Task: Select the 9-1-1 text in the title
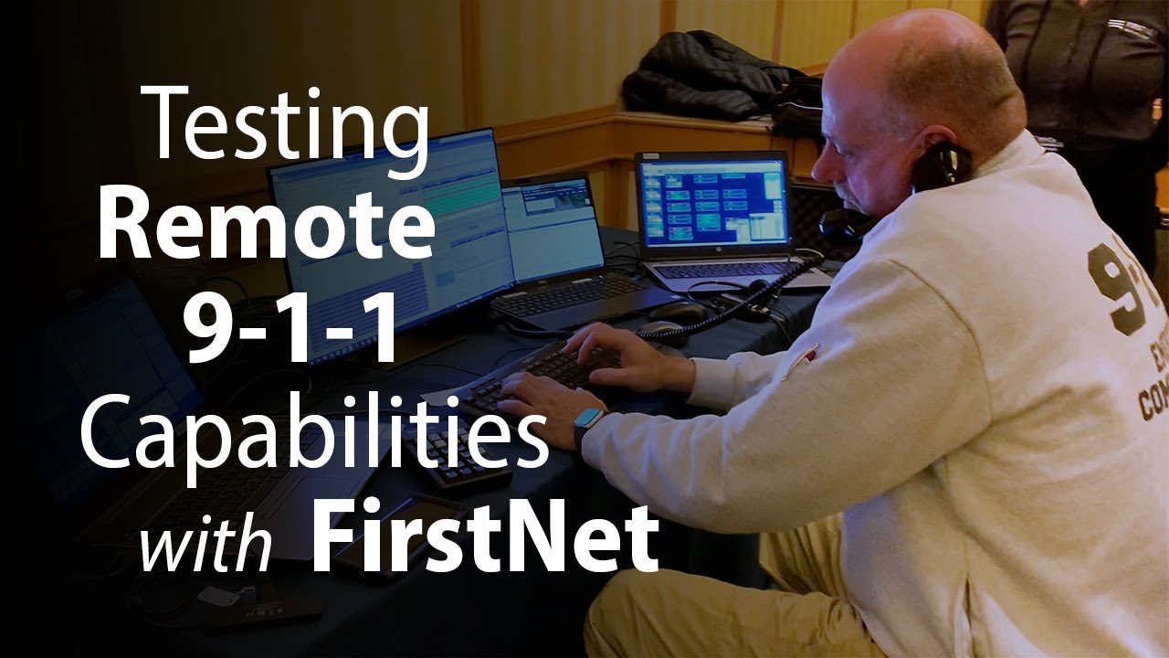(291, 327)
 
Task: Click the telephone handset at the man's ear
(941, 165)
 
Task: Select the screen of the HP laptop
(712, 203)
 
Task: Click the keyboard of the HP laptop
(721, 270)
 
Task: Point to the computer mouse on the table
(677, 312)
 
